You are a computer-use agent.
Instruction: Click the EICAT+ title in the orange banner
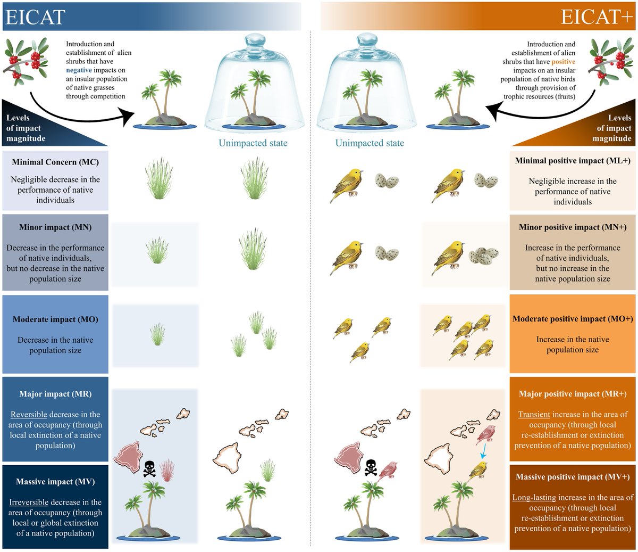click(x=597, y=17)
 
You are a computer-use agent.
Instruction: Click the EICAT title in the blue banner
click(x=35, y=17)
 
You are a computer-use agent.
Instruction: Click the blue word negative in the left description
click(x=79, y=70)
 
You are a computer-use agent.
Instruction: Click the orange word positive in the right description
click(x=563, y=62)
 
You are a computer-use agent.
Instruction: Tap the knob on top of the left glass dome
click(x=254, y=41)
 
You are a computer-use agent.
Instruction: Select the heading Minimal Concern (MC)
click(x=55, y=162)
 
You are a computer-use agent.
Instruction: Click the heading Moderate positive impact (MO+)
click(x=573, y=319)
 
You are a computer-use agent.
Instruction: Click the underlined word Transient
click(x=534, y=414)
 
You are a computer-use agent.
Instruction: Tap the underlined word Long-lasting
click(x=534, y=497)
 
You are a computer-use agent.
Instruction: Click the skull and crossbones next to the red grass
click(x=149, y=468)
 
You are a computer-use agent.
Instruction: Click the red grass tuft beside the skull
click(x=167, y=470)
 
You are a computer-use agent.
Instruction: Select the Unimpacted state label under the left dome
click(x=253, y=143)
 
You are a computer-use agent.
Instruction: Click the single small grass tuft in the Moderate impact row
click(x=157, y=335)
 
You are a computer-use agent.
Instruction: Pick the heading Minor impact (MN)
click(x=55, y=227)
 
